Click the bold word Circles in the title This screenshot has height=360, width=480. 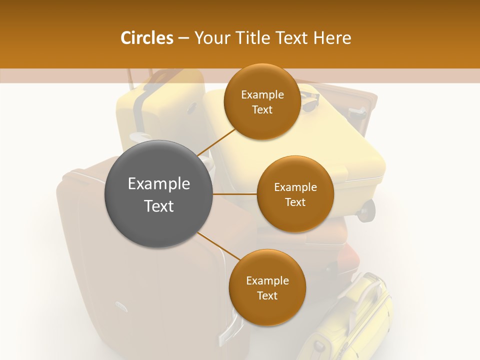147,38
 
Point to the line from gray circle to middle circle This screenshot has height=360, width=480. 234,194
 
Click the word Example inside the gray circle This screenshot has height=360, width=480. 158,184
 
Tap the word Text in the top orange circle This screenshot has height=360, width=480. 262,110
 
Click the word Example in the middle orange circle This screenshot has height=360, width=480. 295,187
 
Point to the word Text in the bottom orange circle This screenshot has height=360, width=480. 267,295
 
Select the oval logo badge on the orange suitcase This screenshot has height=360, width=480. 120,304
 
